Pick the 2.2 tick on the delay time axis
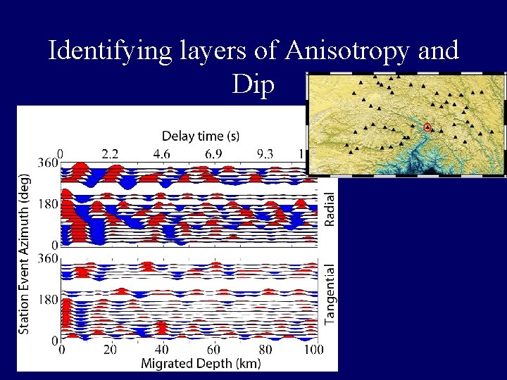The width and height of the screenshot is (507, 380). (x=110, y=153)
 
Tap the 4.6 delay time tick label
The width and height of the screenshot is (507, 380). (x=162, y=153)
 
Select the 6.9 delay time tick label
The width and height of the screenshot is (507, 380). (x=214, y=153)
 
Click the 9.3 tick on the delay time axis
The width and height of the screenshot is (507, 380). (x=265, y=153)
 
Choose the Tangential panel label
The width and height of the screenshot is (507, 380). (x=330, y=295)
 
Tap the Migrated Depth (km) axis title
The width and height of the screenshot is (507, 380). (x=201, y=364)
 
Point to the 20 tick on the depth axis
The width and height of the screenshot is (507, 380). (x=111, y=350)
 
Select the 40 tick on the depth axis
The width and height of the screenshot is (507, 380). (x=162, y=350)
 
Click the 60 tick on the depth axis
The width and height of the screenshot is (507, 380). (x=213, y=350)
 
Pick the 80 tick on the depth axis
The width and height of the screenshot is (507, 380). (x=265, y=350)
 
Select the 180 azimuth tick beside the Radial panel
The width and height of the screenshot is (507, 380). (x=48, y=204)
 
